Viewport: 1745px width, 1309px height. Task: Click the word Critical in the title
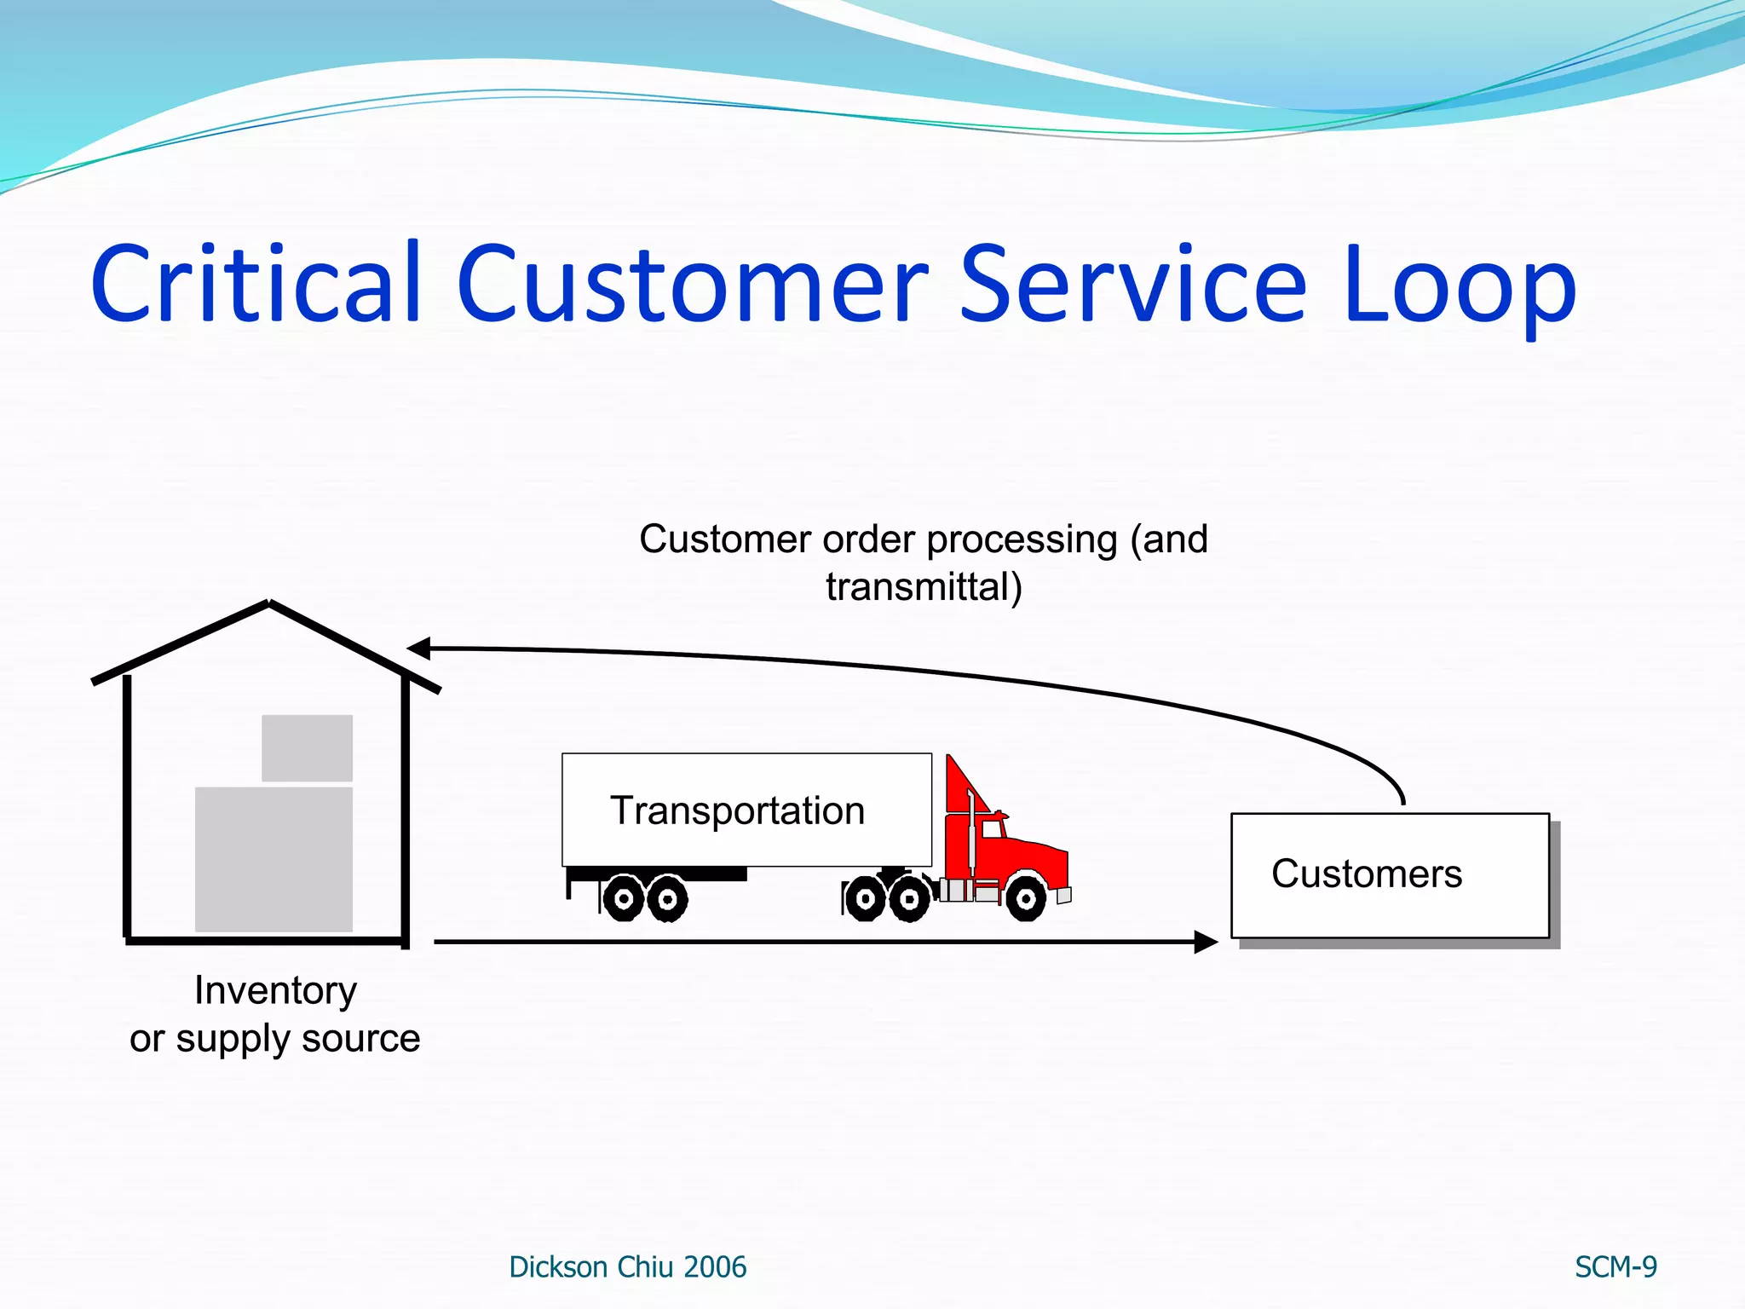(256, 283)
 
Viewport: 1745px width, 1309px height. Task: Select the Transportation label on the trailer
(737, 810)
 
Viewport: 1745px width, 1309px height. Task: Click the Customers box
(1389, 875)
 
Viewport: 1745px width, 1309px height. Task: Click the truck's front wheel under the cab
(1025, 898)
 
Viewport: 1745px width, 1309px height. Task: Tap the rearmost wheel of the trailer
(624, 898)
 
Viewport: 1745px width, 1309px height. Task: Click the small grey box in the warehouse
(307, 747)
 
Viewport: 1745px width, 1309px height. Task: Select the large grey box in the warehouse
(274, 858)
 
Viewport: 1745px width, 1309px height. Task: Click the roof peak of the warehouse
(269, 603)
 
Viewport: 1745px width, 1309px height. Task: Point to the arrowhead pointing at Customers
(1207, 942)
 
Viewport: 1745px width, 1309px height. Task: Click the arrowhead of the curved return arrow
(418, 649)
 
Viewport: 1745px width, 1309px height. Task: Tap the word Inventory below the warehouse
(275, 990)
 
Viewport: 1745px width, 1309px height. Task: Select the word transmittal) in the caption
(924, 587)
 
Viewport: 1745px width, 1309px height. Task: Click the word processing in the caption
(1021, 539)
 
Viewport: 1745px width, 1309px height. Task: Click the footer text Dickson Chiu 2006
(627, 1267)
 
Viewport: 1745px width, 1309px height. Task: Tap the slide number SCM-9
(1615, 1267)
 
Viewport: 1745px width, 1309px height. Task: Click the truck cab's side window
(993, 828)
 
